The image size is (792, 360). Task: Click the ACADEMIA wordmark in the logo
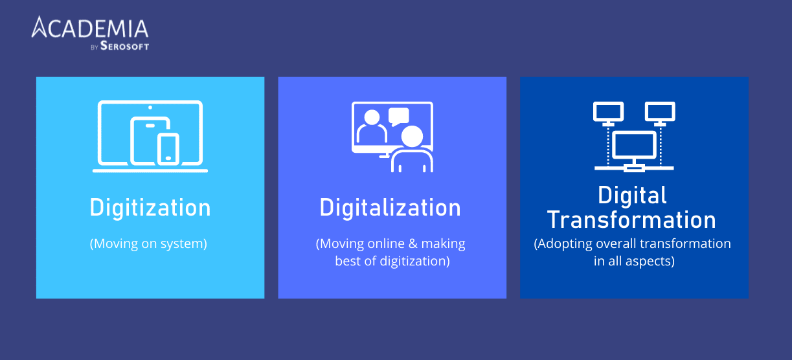[x=91, y=29]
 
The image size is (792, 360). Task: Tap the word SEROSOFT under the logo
[x=124, y=47]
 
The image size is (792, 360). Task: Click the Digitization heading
[x=150, y=208]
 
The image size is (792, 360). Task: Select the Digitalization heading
[x=390, y=208]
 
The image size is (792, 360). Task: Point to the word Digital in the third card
[x=632, y=196]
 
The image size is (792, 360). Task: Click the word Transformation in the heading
[x=632, y=220]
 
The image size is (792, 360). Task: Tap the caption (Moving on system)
[x=148, y=244]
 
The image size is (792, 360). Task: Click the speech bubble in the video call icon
[x=399, y=116]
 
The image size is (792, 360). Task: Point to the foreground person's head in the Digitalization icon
[x=411, y=136]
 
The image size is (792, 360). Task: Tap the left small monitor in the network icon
[x=608, y=112]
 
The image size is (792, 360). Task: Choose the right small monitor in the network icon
[x=660, y=112]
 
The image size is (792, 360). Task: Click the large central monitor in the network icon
[x=635, y=147]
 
